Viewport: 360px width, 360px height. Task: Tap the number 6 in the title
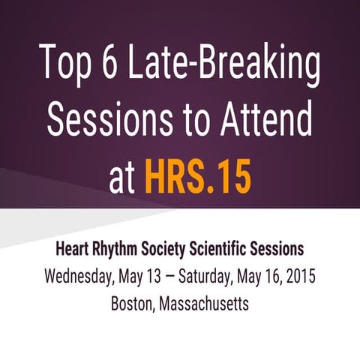111,65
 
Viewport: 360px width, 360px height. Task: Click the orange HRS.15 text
197,178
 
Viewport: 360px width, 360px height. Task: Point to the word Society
173,250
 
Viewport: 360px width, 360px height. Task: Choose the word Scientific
231,249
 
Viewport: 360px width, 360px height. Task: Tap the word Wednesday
77,277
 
